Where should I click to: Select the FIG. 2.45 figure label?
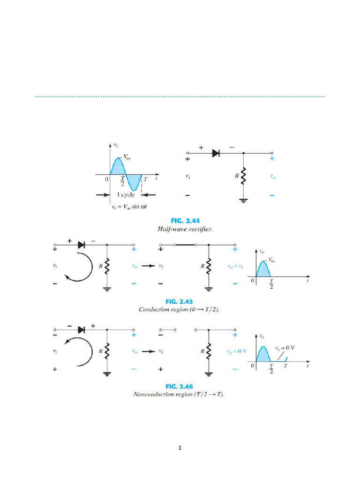[180, 301]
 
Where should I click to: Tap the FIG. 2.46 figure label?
[180, 386]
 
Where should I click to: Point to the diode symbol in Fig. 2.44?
[216, 153]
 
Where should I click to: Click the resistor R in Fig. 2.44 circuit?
[243, 177]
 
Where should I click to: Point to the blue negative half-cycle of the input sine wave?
[135, 182]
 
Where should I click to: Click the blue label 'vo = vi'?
[236, 266]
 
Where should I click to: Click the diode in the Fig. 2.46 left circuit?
[82, 330]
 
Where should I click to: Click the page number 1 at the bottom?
[180, 448]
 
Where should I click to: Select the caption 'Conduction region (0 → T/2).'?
[180, 310]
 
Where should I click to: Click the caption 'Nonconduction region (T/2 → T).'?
[180, 395]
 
